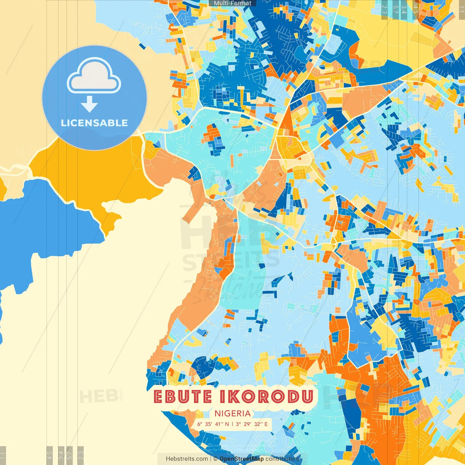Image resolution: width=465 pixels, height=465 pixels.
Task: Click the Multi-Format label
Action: click(232, 3)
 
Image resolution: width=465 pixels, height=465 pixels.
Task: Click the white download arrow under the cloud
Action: click(89, 104)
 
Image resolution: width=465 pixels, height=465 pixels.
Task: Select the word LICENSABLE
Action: click(94, 123)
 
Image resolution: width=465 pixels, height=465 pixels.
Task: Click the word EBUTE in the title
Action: click(182, 397)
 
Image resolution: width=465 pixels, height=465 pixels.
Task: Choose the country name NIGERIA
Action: click(232, 413)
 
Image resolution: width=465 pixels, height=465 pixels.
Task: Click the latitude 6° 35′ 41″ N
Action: click(213, 424)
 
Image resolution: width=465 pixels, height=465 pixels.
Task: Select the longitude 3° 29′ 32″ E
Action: click(252, 424)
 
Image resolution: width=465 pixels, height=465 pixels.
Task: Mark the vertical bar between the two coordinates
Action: click(232, 424)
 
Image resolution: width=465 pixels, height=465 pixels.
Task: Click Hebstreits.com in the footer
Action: click(187, 459)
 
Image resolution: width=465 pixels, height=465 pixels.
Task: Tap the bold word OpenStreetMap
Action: click(242, 459)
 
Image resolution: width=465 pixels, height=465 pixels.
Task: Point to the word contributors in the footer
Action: click(282, 459)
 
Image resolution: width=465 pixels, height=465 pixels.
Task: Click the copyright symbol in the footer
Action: click(215, 459)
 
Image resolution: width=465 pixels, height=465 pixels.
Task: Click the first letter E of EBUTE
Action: click(158, 397)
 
